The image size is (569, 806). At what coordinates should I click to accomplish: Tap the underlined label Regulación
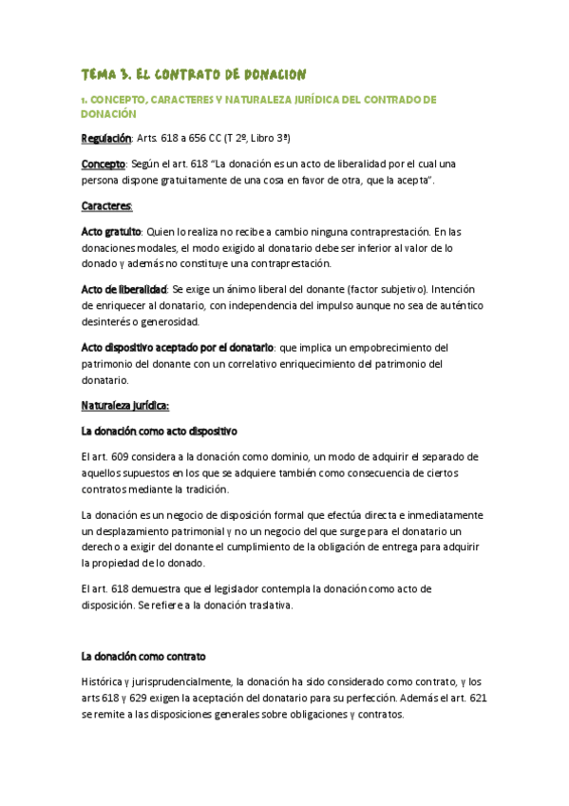click(105, 138)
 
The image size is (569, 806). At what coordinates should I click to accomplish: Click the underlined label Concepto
click(104, 163)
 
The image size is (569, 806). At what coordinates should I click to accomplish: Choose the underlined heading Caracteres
click(106, 205)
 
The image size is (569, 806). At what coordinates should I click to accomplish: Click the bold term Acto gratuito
click(111, 231)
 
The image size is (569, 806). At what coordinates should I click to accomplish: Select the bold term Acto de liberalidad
click(123, 289)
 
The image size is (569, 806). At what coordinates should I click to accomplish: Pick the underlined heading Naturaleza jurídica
click(124, 406)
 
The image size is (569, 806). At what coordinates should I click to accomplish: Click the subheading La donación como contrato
click(143, 657)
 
